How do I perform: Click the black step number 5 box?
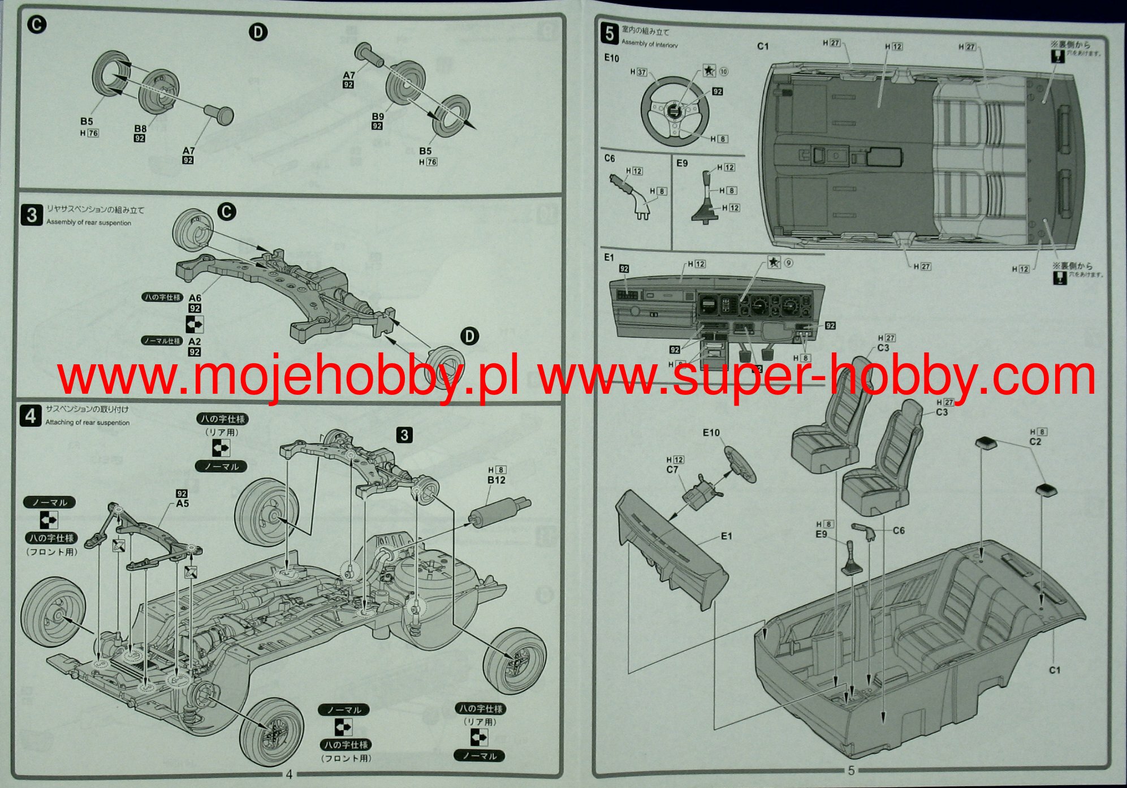[x=610, y=33]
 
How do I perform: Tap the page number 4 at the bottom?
[x=289, y=774]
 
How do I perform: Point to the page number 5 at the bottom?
[x=852, y=770]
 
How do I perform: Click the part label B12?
[x=496, y=480]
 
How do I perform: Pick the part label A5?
[x=182, y=503]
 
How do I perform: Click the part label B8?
[x=140, y=128]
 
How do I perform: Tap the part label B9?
[x=378, y=117]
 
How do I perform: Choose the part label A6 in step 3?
[x=195, y=298]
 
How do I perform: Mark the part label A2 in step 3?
[x=195, y=342]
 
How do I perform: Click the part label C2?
[x=1035, y=441]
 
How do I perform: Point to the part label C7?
[x=672, y=470]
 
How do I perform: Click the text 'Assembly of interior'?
[x=649, y=44]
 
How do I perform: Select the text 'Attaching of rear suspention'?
[x=88, y=423]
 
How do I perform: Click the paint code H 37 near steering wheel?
[x=638, y=72]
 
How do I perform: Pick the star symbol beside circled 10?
[x=709, y=71]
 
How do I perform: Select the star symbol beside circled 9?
[x=774, y=262]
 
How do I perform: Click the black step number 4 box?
[x=30, y=416]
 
